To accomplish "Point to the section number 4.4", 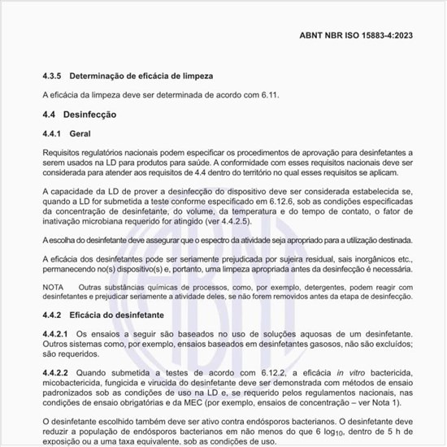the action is point(50,115).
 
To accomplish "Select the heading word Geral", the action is point(80,133).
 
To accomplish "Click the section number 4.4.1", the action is point(53,133).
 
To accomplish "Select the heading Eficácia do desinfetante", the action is point(119,315).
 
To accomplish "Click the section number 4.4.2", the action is point(53,315).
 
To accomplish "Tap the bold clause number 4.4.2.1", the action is point(57,333).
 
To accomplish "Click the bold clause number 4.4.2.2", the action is point(57,371).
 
